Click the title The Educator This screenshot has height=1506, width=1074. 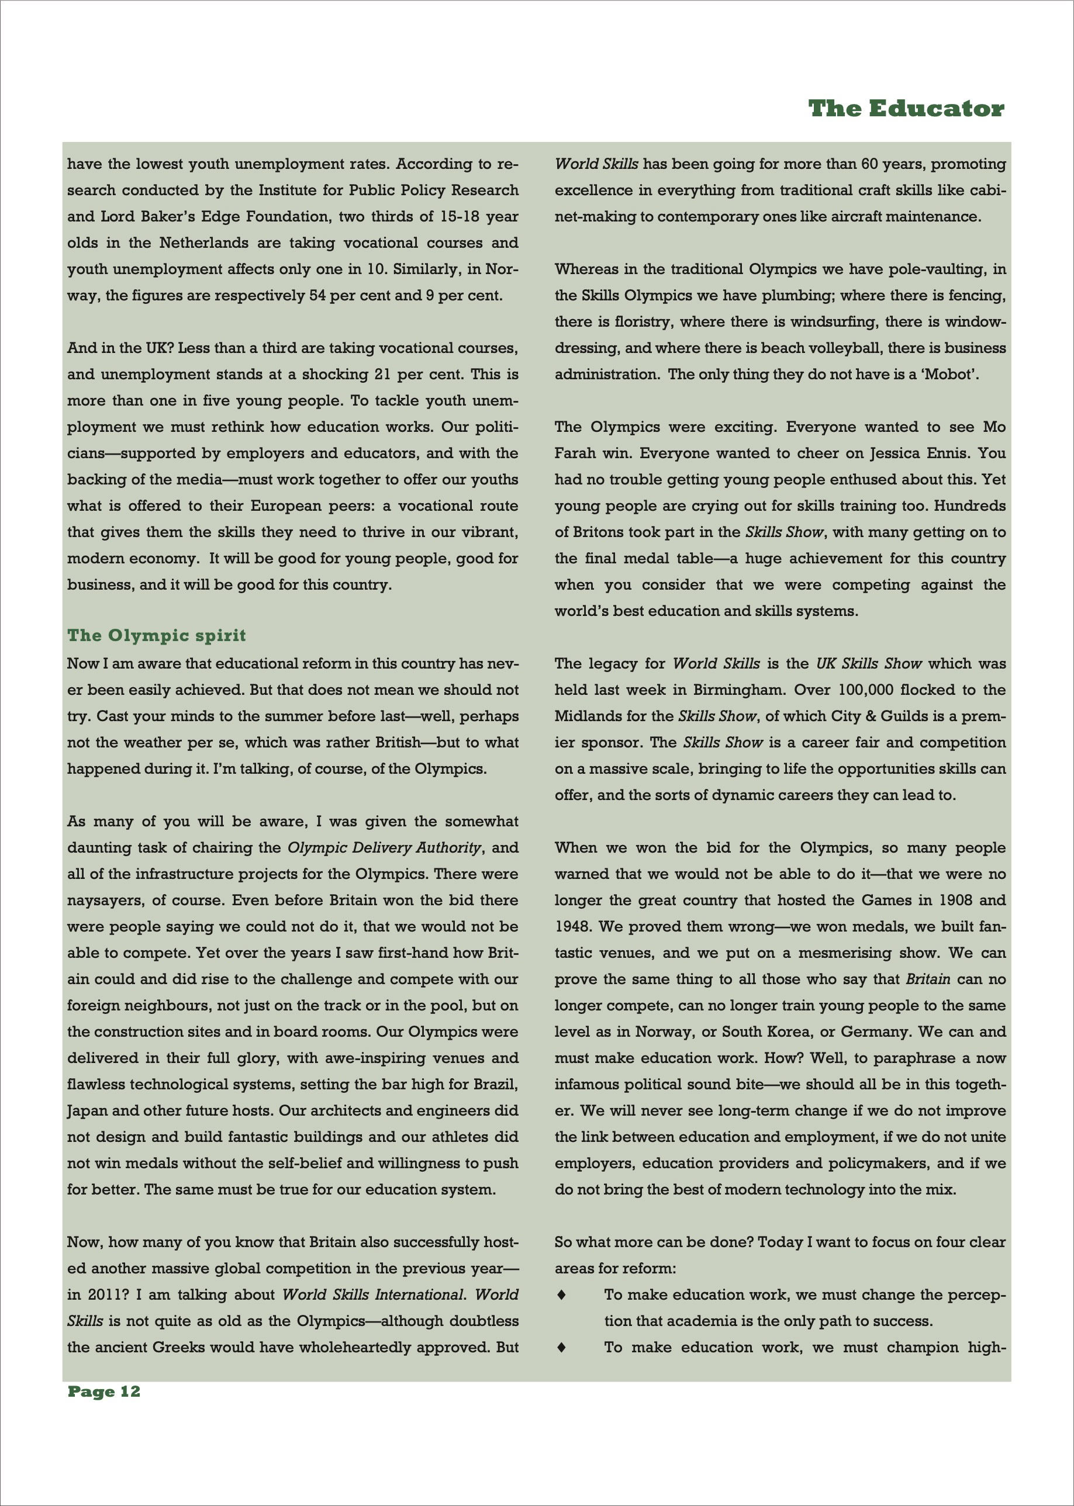point(906,109)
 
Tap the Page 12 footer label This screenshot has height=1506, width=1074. point(104,1391)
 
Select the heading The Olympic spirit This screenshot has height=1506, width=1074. point(157,635)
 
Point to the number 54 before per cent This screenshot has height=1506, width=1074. point(317,296)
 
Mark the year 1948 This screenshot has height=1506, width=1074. point(573,926)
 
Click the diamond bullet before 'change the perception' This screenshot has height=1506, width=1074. point(561,1294)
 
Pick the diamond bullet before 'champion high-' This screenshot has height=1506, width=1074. point(561,1346)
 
